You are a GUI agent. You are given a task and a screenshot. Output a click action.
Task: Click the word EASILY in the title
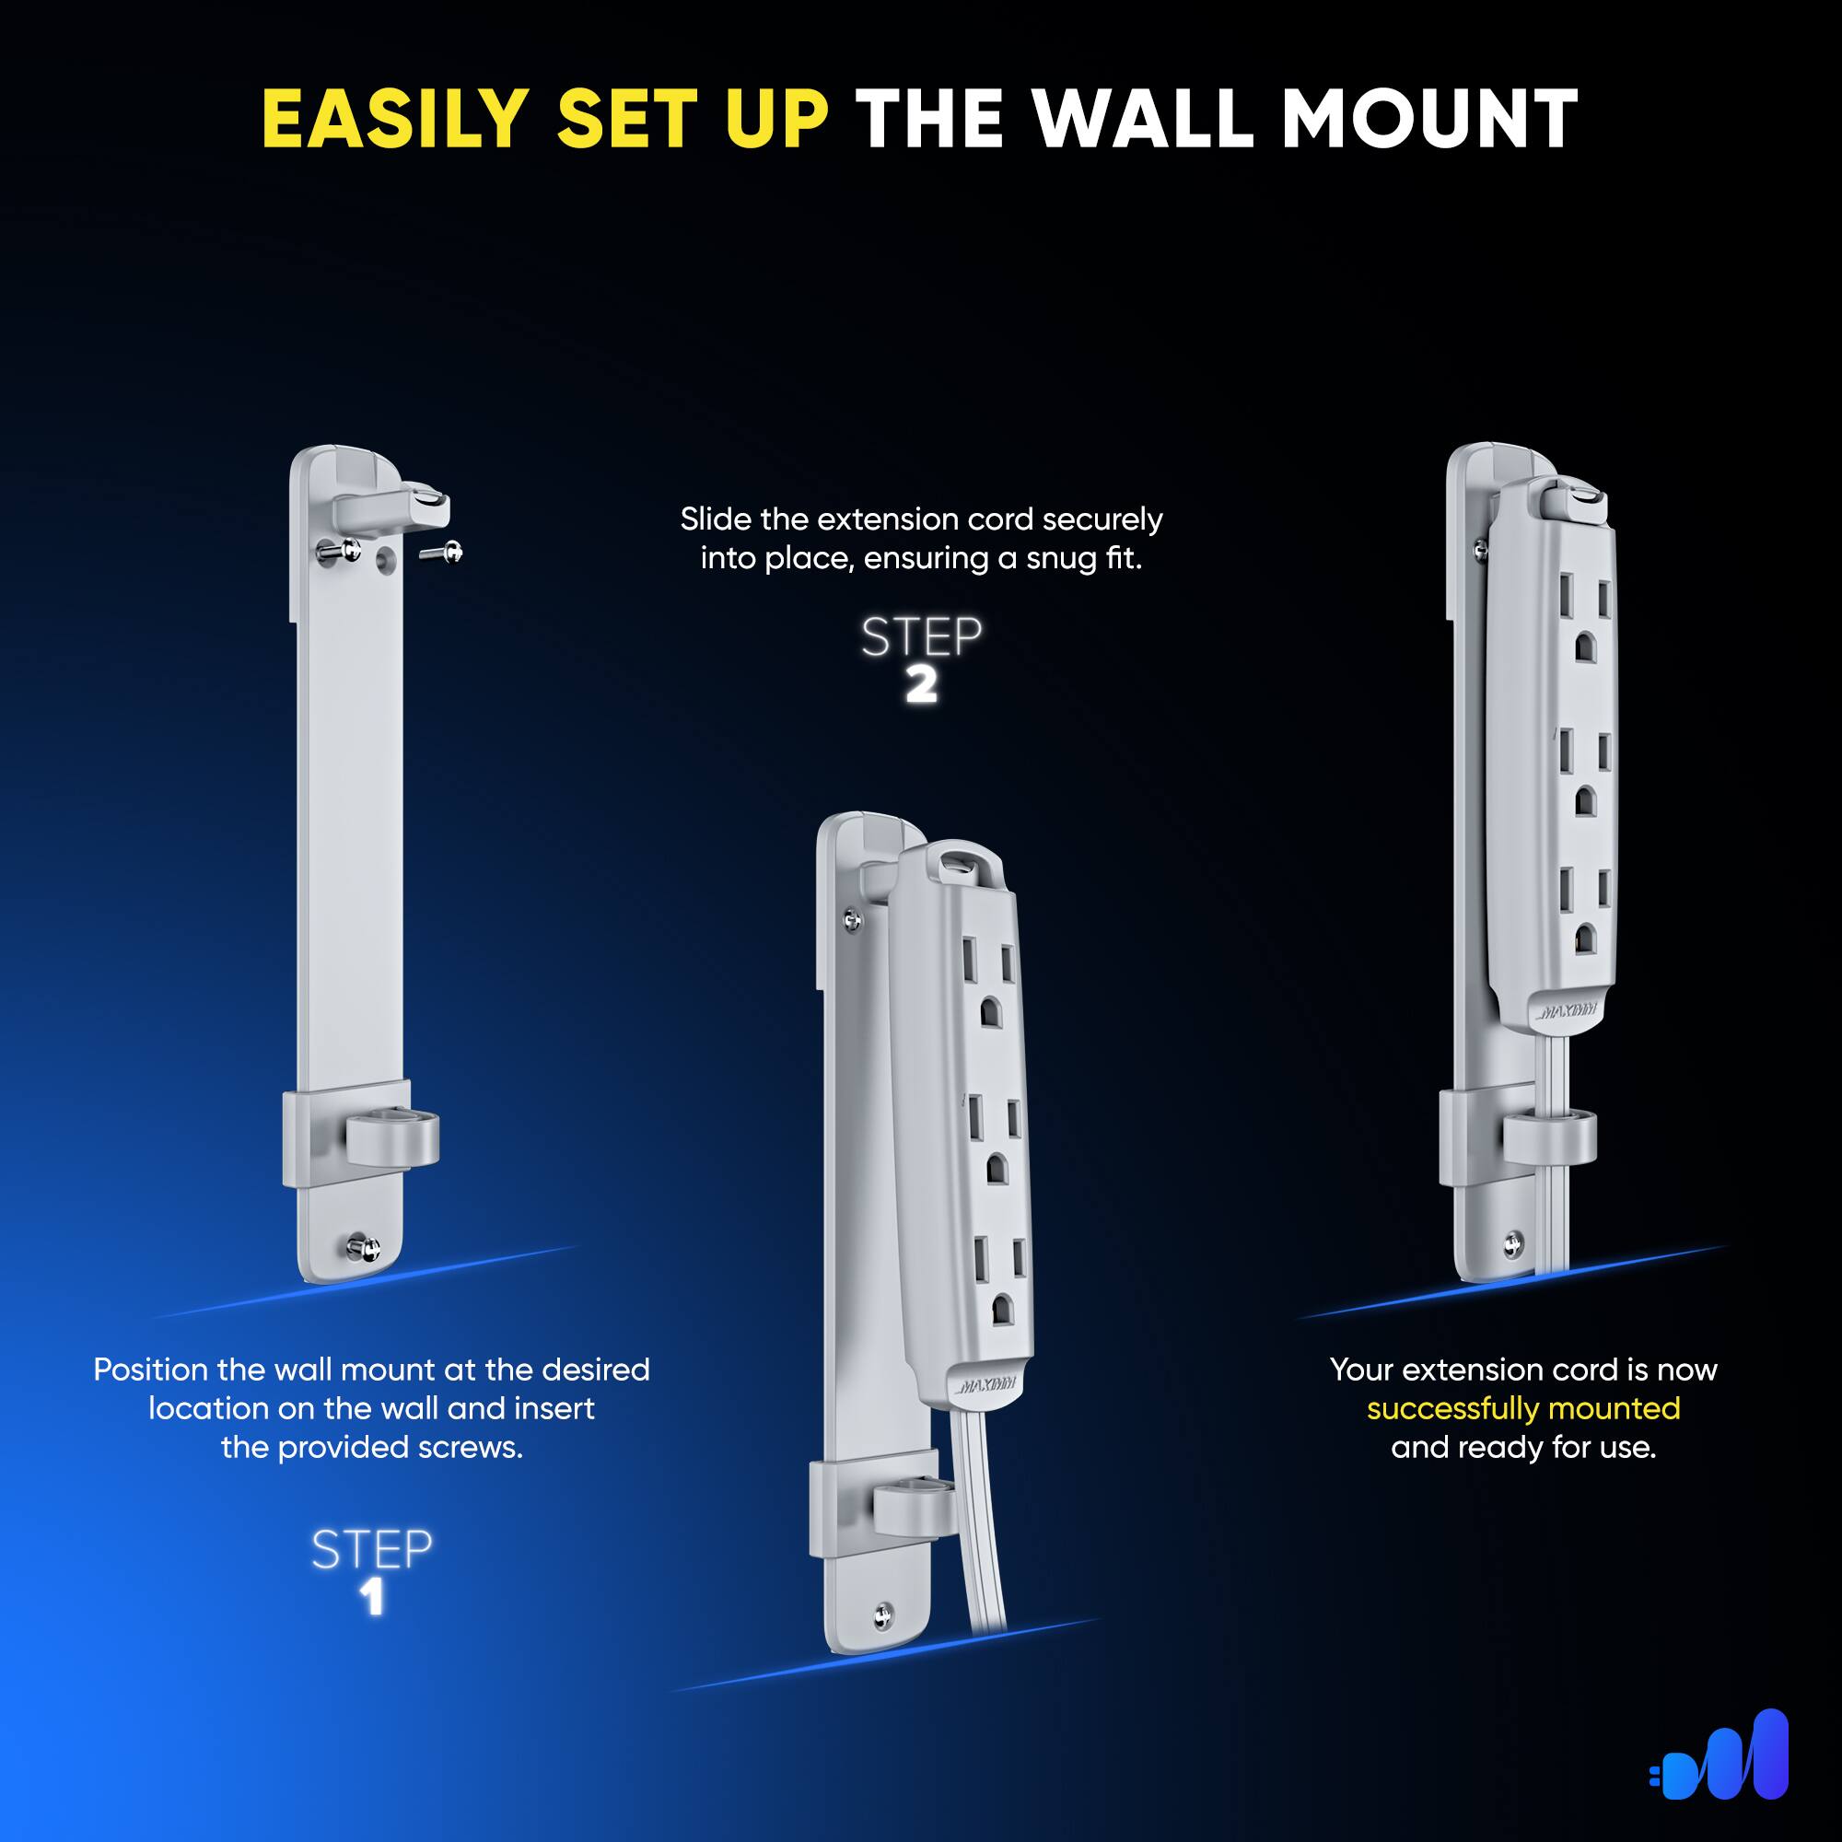395,120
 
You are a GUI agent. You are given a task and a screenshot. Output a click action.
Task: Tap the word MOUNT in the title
1429,120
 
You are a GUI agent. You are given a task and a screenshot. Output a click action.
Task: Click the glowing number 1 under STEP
372,1597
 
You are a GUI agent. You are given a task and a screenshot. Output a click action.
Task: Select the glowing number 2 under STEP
921,685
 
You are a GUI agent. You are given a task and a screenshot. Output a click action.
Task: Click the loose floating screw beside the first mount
442,551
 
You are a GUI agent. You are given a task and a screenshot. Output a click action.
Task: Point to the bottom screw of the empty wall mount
364,1245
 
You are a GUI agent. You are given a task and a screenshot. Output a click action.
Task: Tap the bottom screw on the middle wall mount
883,1614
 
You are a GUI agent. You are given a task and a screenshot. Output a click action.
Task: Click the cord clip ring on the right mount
1549,1137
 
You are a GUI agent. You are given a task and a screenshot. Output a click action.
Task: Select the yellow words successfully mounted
1522,1408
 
